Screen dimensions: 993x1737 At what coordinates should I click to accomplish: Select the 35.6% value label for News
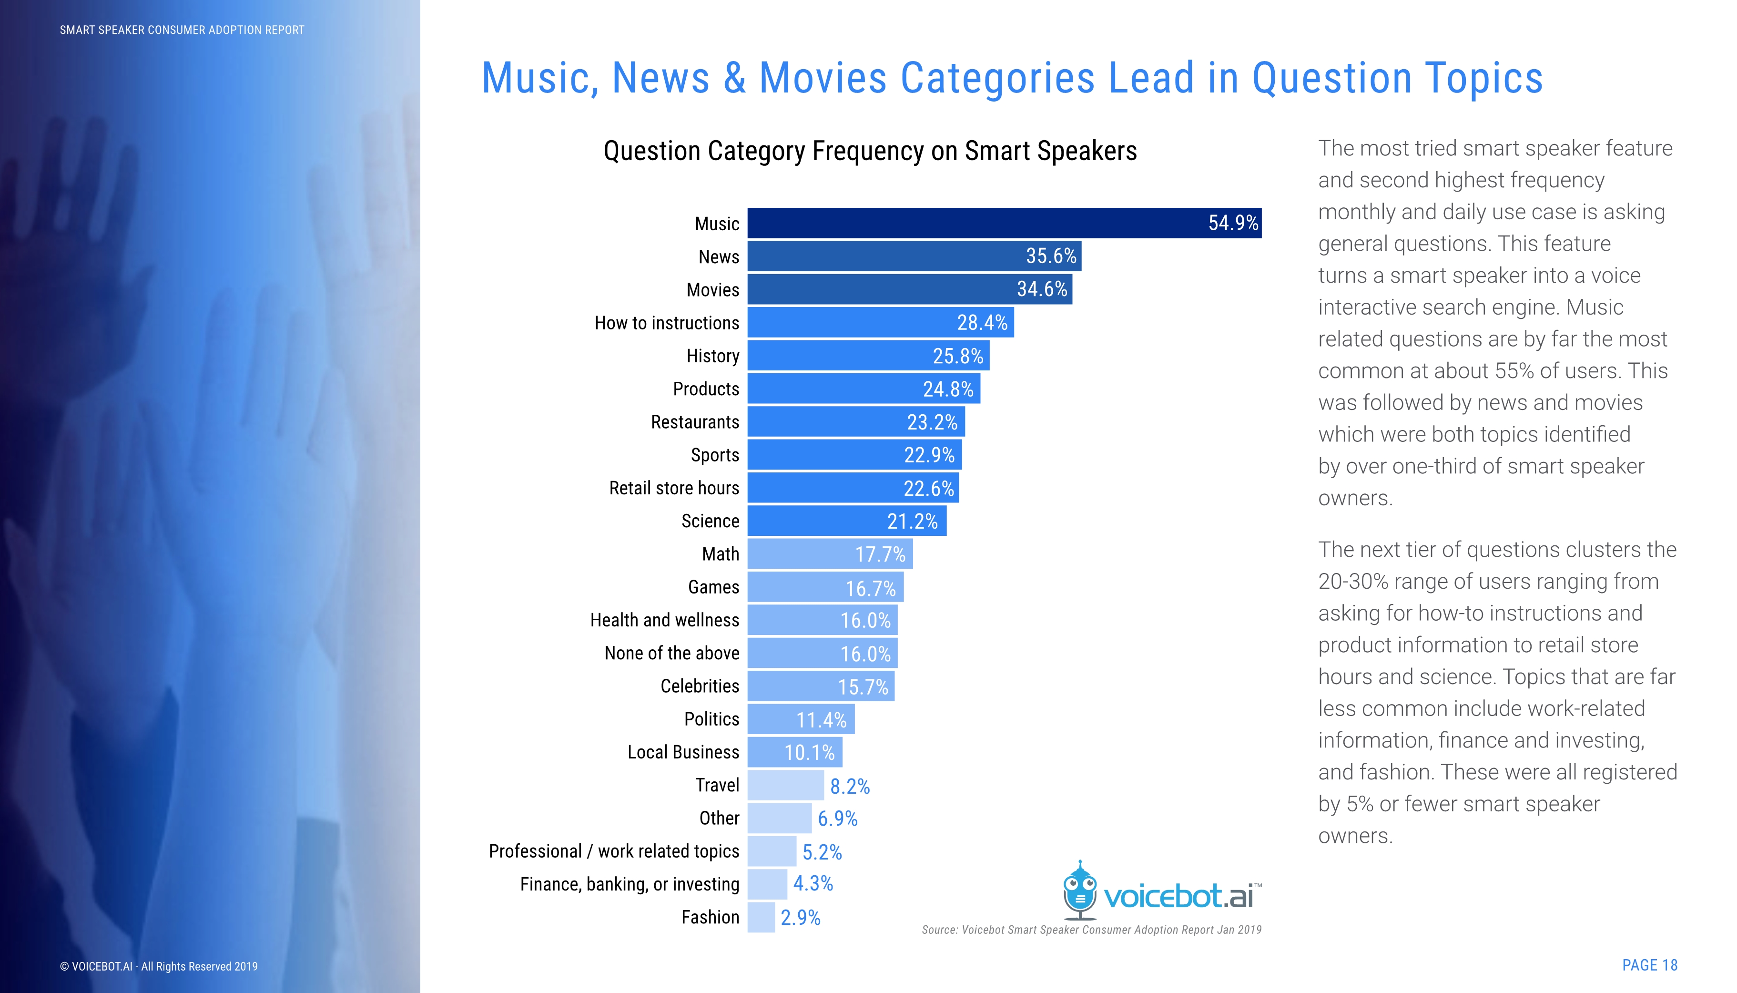click(x=1050, y=256)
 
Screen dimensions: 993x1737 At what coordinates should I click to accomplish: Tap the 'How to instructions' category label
click(x=666, y=323)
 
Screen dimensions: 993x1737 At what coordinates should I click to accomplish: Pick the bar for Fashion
click(x=761, y=917)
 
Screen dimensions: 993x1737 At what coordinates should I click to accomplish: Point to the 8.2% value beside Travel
click(x=849, y=787)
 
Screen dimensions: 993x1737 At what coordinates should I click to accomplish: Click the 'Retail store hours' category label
click(x=673, y=488)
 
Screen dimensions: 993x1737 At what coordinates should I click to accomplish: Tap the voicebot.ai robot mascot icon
click(x=1080, y=890)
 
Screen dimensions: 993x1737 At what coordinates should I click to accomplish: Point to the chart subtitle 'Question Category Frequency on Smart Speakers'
click(x=870, y=151)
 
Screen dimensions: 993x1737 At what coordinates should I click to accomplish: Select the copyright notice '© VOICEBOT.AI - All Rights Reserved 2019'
click(x=159, y=966)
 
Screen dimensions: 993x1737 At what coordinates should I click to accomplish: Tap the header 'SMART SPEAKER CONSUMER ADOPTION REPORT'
click(x=182, y=30)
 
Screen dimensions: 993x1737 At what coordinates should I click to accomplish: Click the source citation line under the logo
click(x=1091, y=930)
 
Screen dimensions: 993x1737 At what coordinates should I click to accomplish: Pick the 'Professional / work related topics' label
click(x=613, y=851)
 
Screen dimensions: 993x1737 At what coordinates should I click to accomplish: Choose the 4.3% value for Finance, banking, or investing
click(x=813, y=884)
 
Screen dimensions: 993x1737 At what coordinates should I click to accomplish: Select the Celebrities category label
click(x=700, y=686)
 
